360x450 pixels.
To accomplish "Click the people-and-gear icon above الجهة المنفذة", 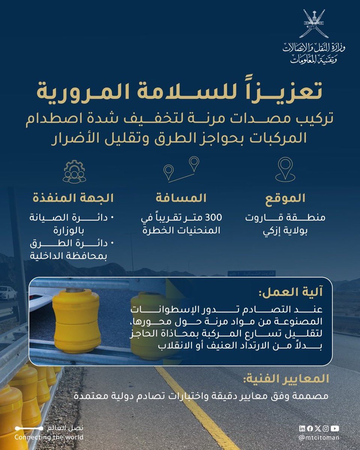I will [74, 171].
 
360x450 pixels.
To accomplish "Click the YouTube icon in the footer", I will [335, 428].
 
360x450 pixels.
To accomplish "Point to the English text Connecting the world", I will [49, 437].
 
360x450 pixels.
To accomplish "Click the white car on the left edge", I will [7, 293].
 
